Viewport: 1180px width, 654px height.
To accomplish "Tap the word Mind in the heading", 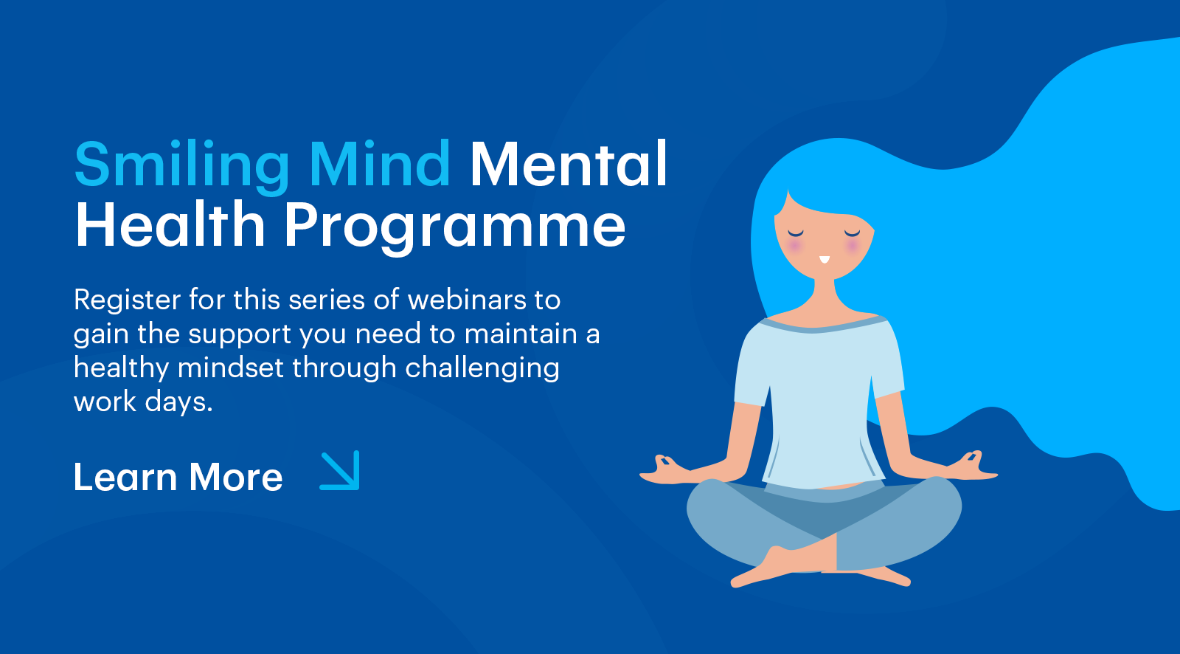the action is pos(380,164).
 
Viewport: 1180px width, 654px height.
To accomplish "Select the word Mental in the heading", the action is pos(569,164).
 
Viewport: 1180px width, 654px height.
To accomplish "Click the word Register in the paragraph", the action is pos(128,300).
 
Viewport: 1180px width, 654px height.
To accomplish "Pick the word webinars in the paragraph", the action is pos(467,300).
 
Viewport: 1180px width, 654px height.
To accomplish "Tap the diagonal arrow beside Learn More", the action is pos(340,470).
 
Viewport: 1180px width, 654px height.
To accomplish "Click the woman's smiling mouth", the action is pos(825,260).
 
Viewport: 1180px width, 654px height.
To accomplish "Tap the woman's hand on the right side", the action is pos(972,467).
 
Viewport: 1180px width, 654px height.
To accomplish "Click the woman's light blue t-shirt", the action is pos(819,401).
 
